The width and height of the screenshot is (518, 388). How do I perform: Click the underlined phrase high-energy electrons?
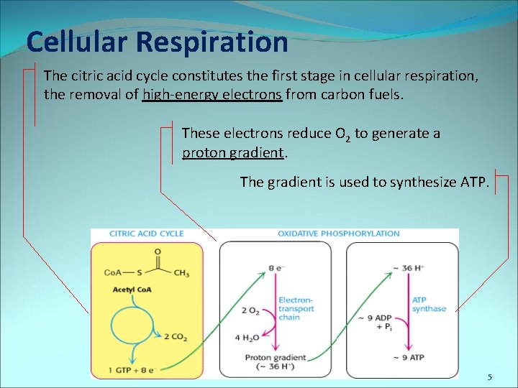click(212, 93)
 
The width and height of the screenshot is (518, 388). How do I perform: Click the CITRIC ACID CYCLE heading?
click(147, 234)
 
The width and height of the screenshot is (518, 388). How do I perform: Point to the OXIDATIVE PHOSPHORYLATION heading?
click(338, 234)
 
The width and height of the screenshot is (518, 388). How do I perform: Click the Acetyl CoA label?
click(132, 290)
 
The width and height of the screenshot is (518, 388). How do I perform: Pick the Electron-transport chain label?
click(295, 308)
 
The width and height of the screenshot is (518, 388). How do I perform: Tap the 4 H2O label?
click(247, 338)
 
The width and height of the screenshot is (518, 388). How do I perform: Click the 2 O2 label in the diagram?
click(250, 310)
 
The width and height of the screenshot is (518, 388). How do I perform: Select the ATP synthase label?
click(429, 304)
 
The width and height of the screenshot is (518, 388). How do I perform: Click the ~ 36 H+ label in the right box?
click(406, 268)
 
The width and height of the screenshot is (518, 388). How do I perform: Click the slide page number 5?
click(489, 377)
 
